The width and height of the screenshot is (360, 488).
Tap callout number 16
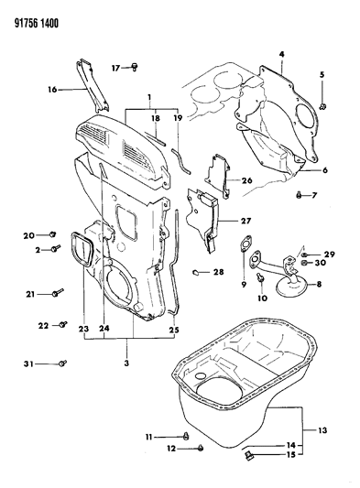(x=52, y=90)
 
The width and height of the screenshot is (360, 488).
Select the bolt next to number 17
(x=135, y=67)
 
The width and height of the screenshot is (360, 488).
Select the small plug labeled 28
(x=198, y=272)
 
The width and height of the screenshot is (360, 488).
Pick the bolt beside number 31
(x=63, y=364)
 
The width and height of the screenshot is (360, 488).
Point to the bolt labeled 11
(x=186, y=434)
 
